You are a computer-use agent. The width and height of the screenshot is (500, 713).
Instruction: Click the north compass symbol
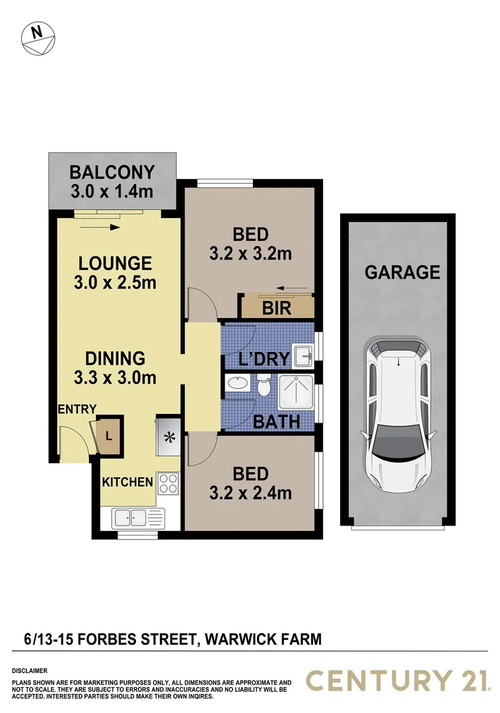[38, 39]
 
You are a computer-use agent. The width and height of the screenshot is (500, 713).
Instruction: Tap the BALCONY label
[112, 173]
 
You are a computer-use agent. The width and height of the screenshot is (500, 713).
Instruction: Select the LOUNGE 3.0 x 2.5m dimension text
[115, 283]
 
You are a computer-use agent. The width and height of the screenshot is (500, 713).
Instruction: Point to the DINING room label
[115, 358]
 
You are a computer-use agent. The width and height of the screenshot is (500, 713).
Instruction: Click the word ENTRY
[77, 409]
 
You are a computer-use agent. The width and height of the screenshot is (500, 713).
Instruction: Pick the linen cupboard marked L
[109, 436]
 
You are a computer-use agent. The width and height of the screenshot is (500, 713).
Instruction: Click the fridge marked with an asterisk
[169, 436]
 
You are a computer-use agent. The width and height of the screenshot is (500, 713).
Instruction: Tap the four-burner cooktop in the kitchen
[168, 483]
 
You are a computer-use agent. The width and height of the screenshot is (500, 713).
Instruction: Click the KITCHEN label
[127, 482]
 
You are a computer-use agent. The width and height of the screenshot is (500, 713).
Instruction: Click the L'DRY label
[265, 359]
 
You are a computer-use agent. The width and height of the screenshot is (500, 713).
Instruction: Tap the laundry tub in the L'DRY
[304, 355]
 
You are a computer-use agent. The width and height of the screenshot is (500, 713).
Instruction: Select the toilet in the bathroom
[264, 386]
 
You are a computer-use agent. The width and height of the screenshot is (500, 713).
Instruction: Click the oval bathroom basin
[236, 382]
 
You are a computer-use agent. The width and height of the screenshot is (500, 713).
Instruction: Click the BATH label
[277, 421]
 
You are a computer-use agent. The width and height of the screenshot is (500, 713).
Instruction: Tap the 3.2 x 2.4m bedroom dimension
[250, 492]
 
